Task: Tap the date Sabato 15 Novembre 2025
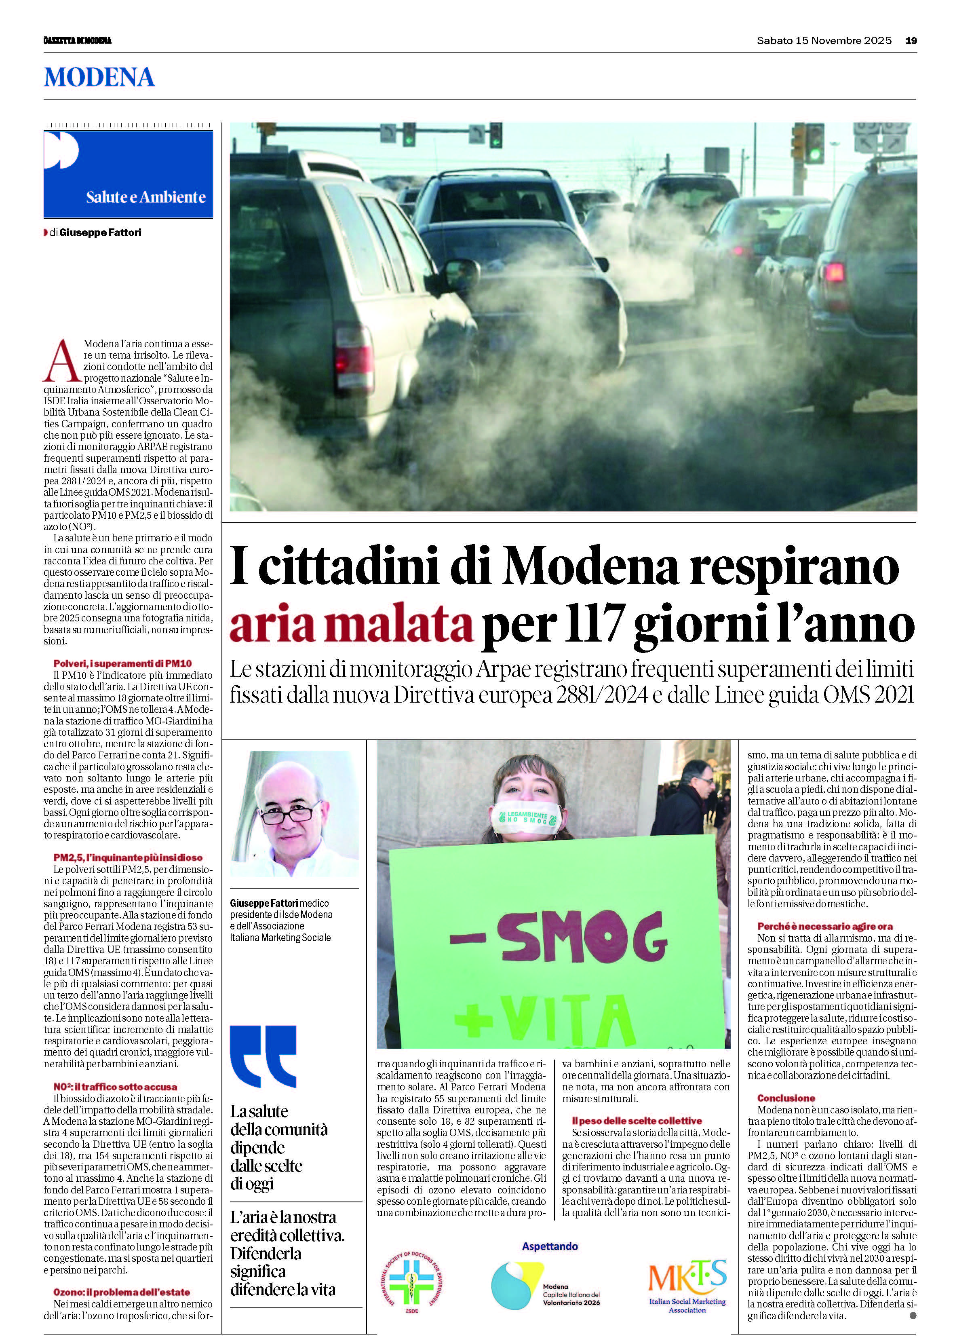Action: (824, 40)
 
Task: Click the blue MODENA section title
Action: (99, 78)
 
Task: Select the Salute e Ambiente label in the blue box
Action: (146, 197)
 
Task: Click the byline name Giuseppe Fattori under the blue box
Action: (101, 232)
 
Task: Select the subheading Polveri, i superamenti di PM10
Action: (122, 663)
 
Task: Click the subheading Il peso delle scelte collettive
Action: (637, 1121)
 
